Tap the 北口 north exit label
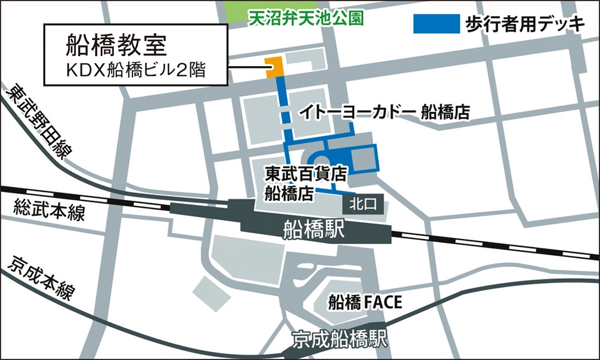point(362,203)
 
